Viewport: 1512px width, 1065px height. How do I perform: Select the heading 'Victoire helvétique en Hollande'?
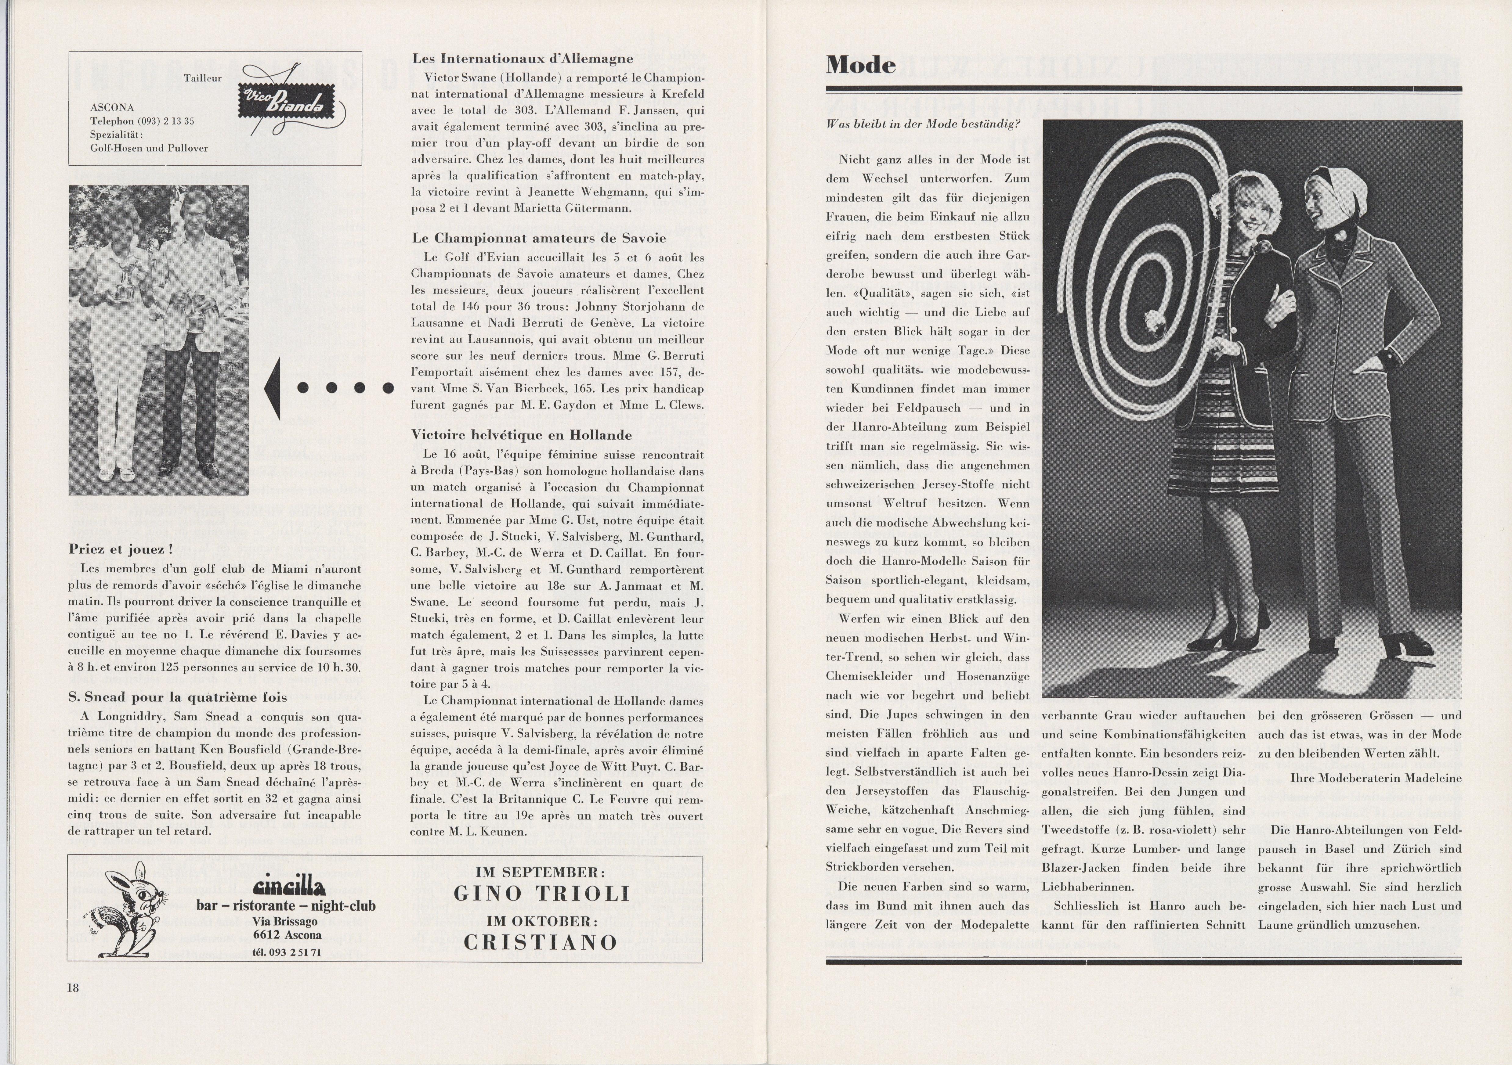(x=522, y=435)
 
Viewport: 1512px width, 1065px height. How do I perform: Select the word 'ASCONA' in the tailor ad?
(x=112, y=107)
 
